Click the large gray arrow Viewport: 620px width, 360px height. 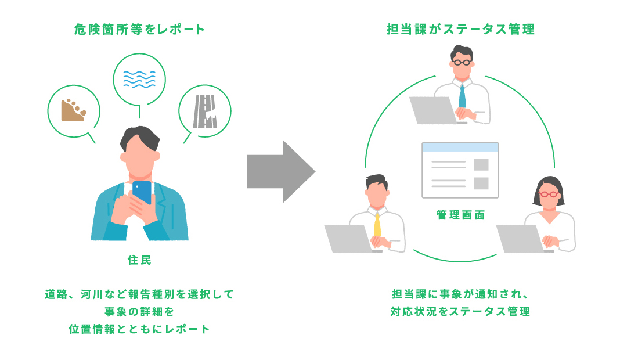tap(281, 172)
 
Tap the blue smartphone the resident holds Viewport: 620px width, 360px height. tap(142, 192)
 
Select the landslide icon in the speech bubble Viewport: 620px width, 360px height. tap(73, 110)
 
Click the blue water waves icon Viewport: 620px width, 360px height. tap(139, 79)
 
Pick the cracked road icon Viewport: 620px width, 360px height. tap(205, 111)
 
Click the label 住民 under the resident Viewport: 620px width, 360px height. tap(139, 260)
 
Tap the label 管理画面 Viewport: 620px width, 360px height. tap(461, 215)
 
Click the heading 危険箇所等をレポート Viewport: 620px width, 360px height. tap(139, 29)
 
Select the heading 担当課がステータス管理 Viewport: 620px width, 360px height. tap(461, 29)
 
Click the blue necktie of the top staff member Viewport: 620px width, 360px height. tap(462, 96)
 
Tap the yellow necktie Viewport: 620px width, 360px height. tap(377, 225)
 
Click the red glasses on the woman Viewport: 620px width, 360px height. tap(550, 195)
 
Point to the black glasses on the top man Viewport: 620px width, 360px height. tap(462, 63)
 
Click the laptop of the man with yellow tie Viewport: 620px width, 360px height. tap(349, 239)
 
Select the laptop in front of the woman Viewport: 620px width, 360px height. tap(522, 239)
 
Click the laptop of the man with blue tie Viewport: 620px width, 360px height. tap(434, 110)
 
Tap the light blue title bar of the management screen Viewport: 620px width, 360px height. tap(460, 147)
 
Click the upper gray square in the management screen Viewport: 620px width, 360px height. tap(481, 164)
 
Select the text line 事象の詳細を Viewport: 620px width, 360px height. tap(139, 312)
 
